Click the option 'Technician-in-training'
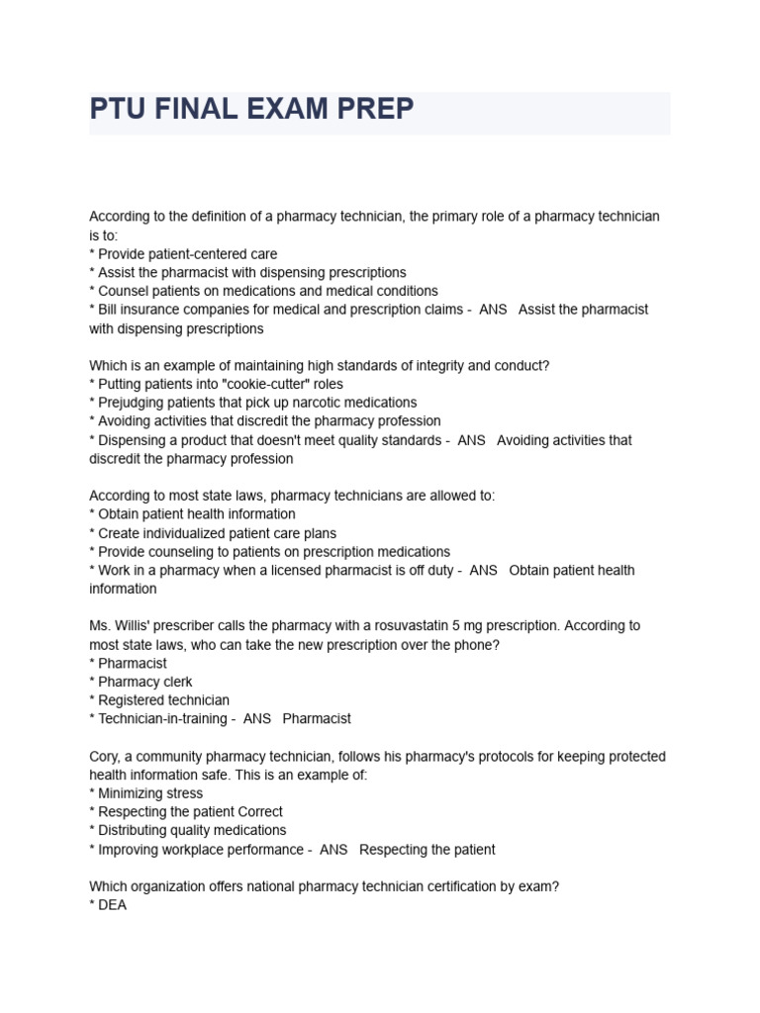tap(161, 719)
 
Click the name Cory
tap(105, 757)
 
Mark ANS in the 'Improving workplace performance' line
tap(334, 850)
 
